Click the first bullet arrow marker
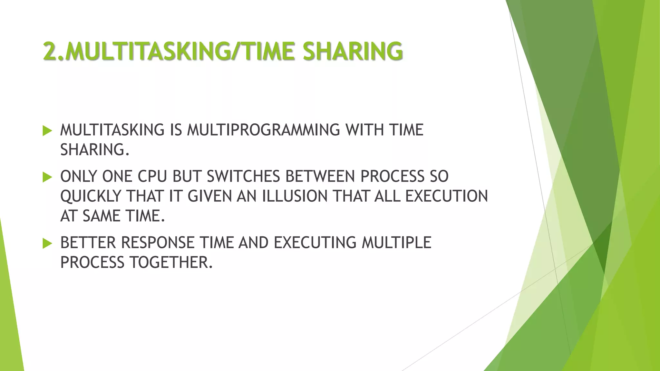pyautogui.click(x=47, y=131)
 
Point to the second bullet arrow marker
pyautogui.click(x=47, y=177)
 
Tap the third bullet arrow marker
pyautogui.click(x=47, y=243)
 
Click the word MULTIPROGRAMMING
pyautogui.click(x=263, y=130)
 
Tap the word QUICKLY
pyautogui.click(x=91, y=196)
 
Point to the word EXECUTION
pyautogui.click(x=446, y=196)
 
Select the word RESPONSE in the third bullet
pyautogui.click(x=158, y=243)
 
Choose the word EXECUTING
pyautogui.click(x=315, y=243)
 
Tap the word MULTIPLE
pyautogui.click(x=396, y=243)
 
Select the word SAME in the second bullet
pyautogui.click(x=101, y=216)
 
